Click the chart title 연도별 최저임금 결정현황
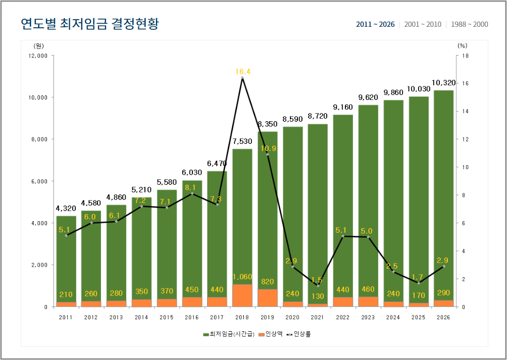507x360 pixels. click(x=89, y=24)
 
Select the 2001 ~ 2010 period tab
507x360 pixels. click(x=423, y=24)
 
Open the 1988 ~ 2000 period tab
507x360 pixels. click(x=470, y=24)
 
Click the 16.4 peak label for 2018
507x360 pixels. click(x=242, y=72)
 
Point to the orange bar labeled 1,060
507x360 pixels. click(x=242, y=296)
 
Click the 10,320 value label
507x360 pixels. click(x=443, y=83)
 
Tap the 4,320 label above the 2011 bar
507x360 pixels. click(x=66, y=208)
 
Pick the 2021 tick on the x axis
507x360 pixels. click(x=318, y=317)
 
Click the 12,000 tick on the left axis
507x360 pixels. click(x=38, y=56)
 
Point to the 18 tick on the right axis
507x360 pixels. click(x=465, y=56)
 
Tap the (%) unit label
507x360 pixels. click(x=462, y=45)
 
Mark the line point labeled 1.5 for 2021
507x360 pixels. click(x=318, y=285)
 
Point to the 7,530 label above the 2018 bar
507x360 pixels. click(x=242, y=141)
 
